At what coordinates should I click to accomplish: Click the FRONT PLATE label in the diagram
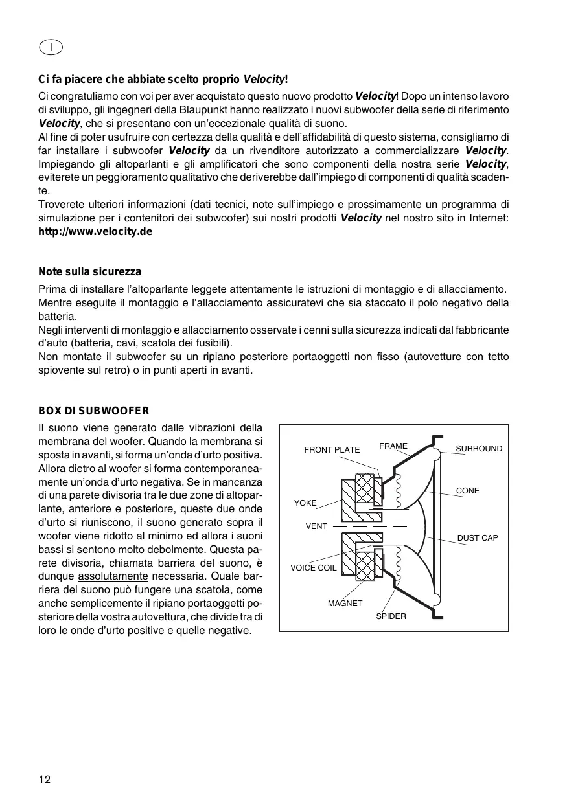pos(332,450)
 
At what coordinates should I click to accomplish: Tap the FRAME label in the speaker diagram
pos(393,446)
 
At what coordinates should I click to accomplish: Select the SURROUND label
pos(479,448)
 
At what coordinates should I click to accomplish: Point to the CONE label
pos(468,491)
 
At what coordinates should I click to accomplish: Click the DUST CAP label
pos(478,538)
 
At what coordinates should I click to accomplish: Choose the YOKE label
pos(305,503)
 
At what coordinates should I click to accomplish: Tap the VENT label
pos(316,526)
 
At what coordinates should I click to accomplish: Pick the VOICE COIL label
pos(313,568)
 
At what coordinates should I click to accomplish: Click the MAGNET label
pos(345,604)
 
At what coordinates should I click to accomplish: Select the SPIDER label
pos(391,616)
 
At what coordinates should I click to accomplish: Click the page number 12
pos(44,779)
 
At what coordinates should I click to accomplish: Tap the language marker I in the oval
pos(51,47)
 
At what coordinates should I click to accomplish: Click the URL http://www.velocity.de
pos(95,231)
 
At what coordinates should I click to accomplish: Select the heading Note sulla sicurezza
pos(89,271)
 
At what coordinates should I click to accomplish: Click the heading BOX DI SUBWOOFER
pos(94,411)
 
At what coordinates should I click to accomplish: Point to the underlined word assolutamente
pos(113,577)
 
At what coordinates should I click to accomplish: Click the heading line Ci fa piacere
pos(163,80)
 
